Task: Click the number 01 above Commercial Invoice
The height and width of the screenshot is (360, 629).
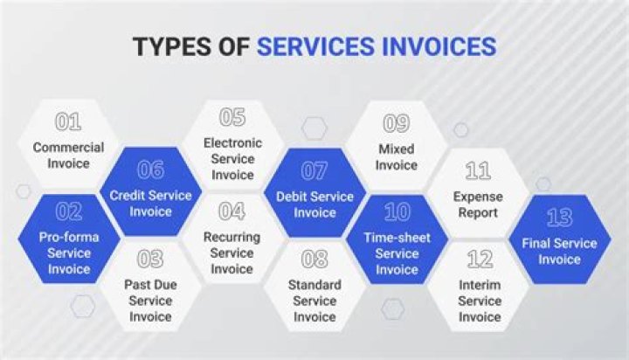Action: (x=68, y=122)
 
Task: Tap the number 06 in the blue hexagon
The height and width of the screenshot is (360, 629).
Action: (x=150, y=170)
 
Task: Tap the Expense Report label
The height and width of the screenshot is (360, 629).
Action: (x=477, y=205)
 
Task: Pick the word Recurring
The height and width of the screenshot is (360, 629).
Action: (x=232, y=238)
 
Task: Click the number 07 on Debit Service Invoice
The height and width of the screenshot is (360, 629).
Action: (x=314, y=170)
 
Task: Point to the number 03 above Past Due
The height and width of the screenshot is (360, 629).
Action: (x=150, y=259)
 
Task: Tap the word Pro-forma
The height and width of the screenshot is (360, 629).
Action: (x=68, y=237)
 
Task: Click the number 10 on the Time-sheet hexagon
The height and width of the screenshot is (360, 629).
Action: (x=397, y=212)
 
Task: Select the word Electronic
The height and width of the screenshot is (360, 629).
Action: (x=232, y=142)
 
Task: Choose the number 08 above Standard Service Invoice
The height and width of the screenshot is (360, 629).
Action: (x=314, y=259)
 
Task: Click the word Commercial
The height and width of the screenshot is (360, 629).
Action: (x=68, y=147)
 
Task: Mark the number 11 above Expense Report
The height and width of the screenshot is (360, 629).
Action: (x=477, y=170)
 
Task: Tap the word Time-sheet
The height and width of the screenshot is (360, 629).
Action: (x=397, y=237)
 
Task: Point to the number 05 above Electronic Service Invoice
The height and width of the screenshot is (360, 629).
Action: (x=232, y=117)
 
